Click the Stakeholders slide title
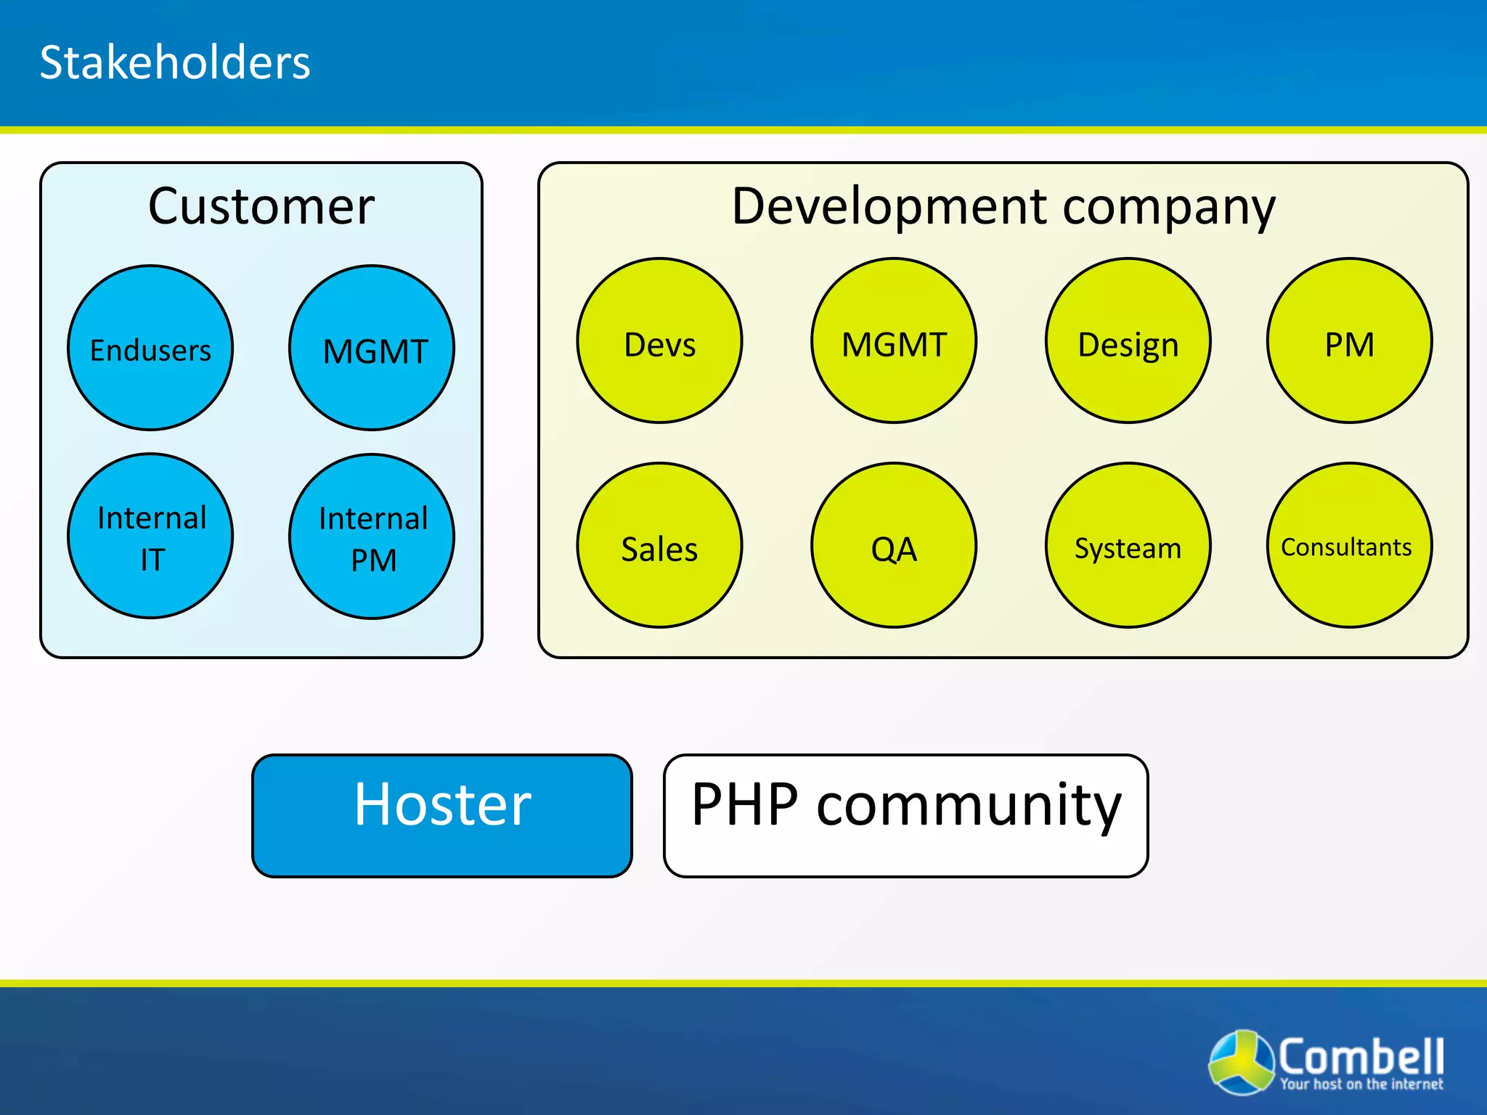pos(174,62)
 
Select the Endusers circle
pos(150,348)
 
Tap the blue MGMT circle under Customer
pos(372,348)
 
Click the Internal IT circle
pos(150,536)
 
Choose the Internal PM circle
pos(372,536)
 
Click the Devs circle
pos(659,340)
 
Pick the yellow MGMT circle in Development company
pos(894,340)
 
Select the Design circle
pos(1128,340)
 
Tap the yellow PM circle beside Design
pos(1349,340)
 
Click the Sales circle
pos(659,545)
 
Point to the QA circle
pos(894,545)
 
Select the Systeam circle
pos(1128,545)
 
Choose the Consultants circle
pos(1349,545)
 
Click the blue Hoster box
pos(441,815)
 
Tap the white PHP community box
pos(905,815)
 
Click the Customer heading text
pos(261,207)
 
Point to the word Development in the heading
pos(889,207)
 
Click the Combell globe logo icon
pos(1241,1062)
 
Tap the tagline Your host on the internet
pos(1361,1085)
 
